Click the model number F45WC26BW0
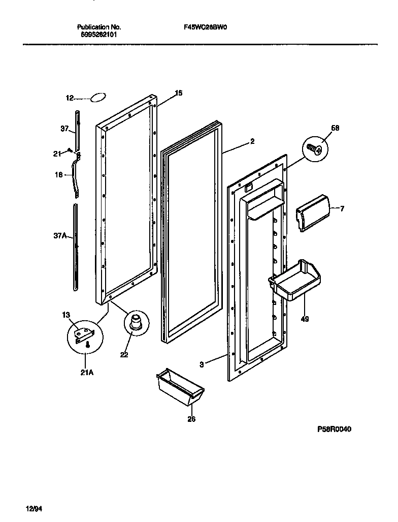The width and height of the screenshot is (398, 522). pos(205,28)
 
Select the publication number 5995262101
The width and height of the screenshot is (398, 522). pos(98,36)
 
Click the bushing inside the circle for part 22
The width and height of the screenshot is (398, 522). pos(136,323)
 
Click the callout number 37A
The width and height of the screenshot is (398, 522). pos(59,236)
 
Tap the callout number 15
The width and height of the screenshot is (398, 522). pos(178,93)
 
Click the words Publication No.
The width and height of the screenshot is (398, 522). pos(98,27)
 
